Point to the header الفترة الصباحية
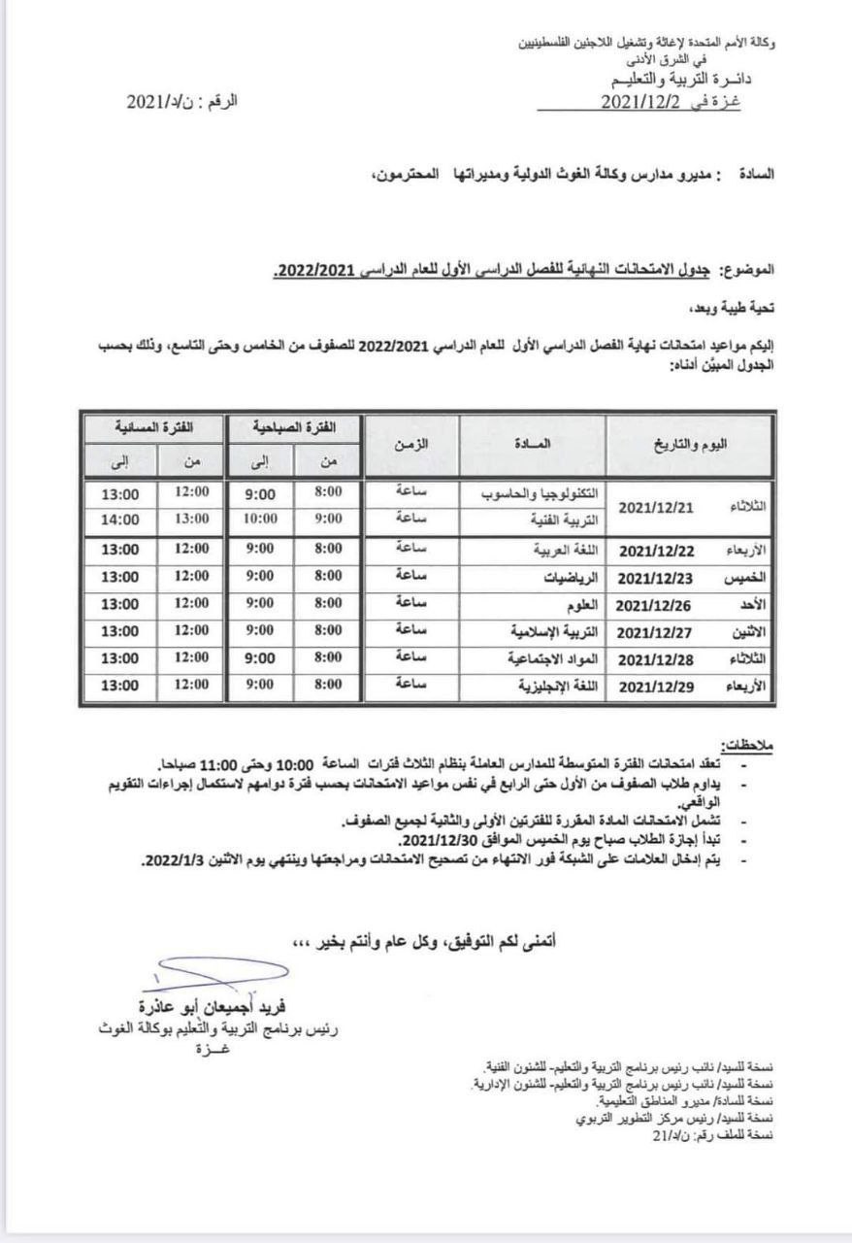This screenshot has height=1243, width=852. tap(293, 428)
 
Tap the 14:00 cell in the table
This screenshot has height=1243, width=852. tap(120, 520)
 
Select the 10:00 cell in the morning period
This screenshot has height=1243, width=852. tap(260, 520)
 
